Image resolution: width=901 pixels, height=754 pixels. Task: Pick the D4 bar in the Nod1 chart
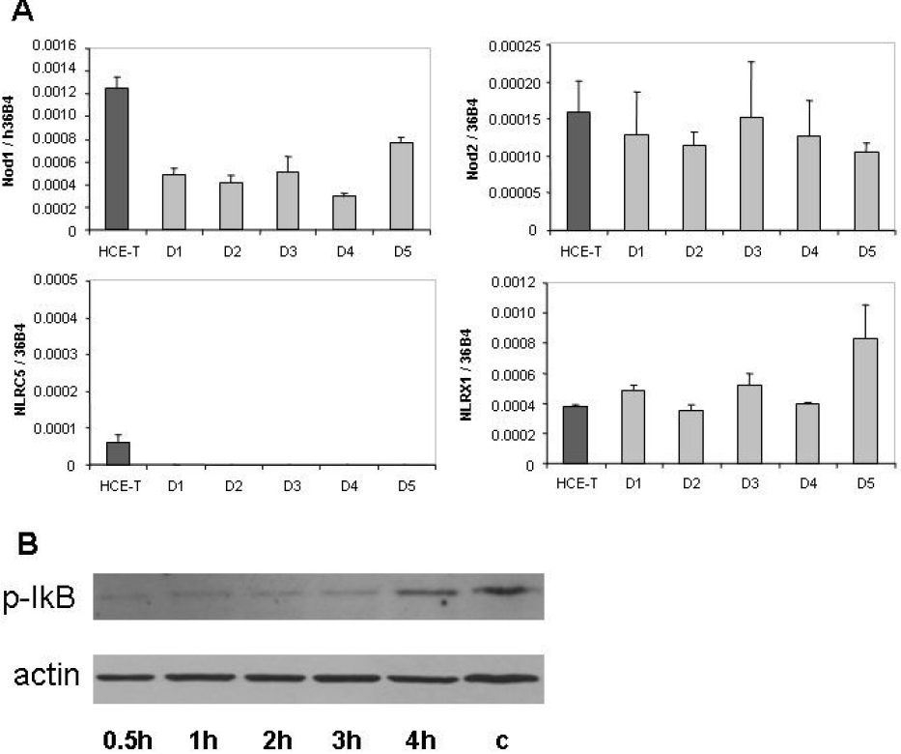tap(344, 213)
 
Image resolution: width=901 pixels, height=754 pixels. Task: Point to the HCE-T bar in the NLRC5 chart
tap(116, 453)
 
